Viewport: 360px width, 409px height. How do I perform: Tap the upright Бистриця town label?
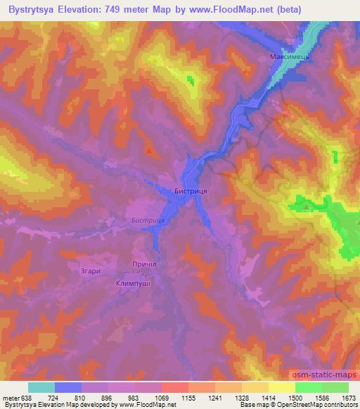[x=190, y=190]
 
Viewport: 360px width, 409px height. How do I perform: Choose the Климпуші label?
[x=134, y=283]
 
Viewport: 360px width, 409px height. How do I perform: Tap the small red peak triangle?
[x=148, y=149]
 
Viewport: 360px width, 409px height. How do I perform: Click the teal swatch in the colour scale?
[x=41, y=387]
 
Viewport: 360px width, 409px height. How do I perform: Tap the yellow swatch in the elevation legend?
[x=282, y=387]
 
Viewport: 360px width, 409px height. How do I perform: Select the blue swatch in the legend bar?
[x=68, y=387]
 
